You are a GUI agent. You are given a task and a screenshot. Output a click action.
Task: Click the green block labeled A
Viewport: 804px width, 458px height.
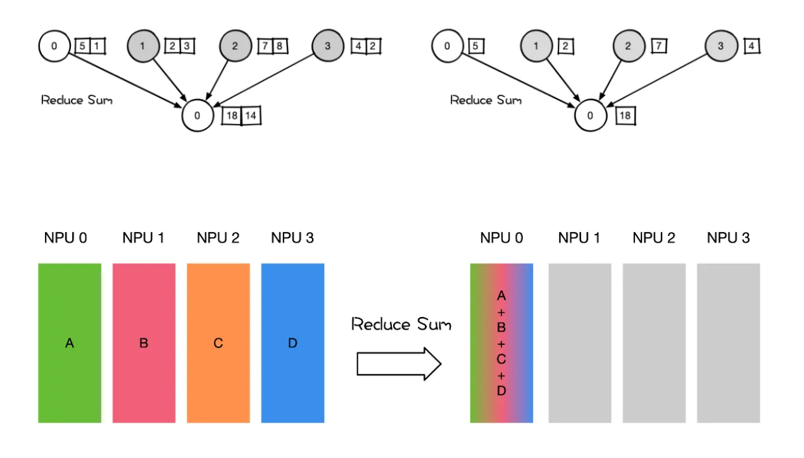click(70, 343)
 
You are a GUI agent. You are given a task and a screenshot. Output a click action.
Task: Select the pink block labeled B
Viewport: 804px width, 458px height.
click(144, 343)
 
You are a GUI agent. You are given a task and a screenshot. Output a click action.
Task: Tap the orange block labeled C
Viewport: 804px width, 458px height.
click(218, 343)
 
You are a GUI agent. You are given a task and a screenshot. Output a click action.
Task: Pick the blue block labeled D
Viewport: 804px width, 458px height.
click(292, 343)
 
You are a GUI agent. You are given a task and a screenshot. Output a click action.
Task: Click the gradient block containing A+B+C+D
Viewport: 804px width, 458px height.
click(501, 343)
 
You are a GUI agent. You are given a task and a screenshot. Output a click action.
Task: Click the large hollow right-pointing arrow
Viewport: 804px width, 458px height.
click(399, 364)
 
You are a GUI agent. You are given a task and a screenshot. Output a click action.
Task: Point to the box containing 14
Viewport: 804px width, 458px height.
click(251, 116)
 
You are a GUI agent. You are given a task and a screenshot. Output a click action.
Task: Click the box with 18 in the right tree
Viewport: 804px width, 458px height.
click(625, 116)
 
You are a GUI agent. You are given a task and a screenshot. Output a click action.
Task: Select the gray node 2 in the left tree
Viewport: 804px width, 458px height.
click(236, 46)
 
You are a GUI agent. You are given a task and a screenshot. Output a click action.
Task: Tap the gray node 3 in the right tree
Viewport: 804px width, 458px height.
click(722, 46)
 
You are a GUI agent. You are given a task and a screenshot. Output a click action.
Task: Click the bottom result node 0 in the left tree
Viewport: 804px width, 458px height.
click(198, 116)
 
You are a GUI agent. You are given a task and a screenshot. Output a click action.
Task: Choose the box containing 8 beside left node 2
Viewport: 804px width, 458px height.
click(280, 46)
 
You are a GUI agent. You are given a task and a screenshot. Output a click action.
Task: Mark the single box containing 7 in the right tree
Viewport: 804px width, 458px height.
click(659, 46)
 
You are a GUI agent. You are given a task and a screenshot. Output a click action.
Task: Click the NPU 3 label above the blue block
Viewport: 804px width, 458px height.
click(292, 238)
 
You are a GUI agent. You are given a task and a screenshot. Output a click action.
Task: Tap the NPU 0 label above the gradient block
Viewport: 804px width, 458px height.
click(501, 238)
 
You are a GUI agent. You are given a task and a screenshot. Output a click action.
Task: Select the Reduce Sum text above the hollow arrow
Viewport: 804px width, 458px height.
click(401, 325)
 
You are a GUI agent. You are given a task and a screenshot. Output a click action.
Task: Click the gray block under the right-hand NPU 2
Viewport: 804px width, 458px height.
click(654, 343)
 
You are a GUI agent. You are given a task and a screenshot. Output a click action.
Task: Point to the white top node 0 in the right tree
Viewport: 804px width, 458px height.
click(448, 46)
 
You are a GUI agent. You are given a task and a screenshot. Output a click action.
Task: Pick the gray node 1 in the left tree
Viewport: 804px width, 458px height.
click(144, 46)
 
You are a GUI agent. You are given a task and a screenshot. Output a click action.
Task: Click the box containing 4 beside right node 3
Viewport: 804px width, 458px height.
click(752, 46)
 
